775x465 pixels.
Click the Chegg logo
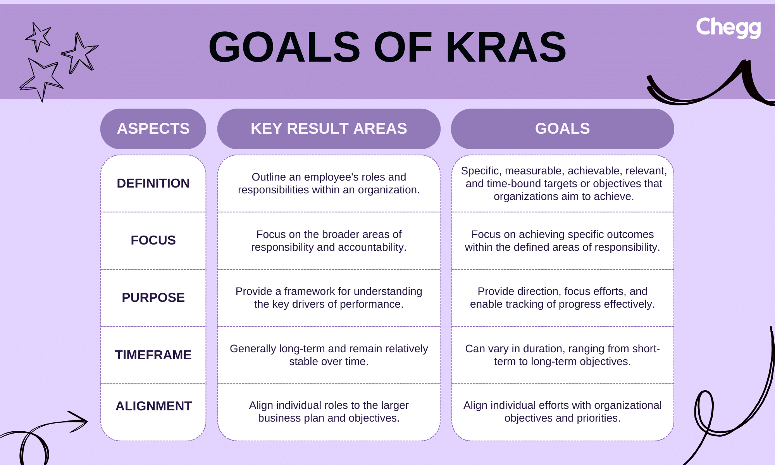click(728, 28)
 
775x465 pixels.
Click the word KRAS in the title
click(506, 47)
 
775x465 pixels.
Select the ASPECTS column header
click(153, 129)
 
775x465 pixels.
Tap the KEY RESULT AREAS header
click(329, 129)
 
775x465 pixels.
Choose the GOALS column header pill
click(562, 129)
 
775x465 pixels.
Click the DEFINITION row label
click(153, 183)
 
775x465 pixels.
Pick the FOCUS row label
click(153, 240)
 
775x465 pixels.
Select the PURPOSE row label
click(153, 298)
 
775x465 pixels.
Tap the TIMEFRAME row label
click(153, 355)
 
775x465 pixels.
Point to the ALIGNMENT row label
click(153, 406)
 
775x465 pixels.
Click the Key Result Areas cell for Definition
click(329, 183)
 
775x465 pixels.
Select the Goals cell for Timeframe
click(562, 355)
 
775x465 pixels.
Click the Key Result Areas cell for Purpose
click(329, 298)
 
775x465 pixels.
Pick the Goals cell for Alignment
click(562, 412)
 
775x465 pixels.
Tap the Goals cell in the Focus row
click(562, 241)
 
